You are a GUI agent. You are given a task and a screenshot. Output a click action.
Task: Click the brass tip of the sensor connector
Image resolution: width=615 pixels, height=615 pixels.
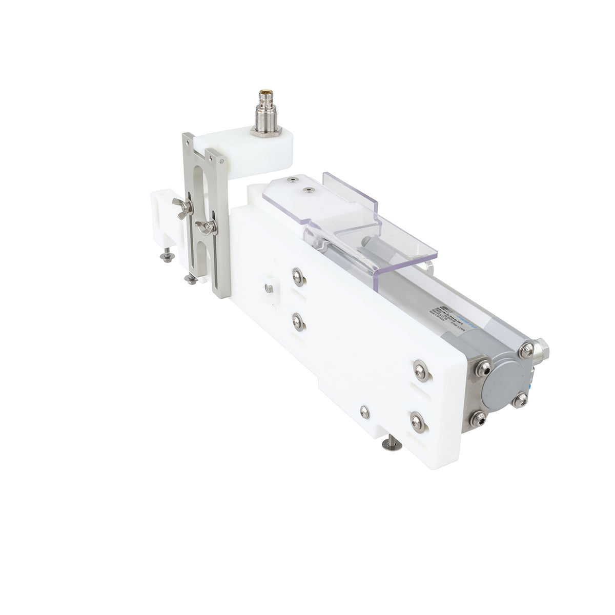tap(266, 94)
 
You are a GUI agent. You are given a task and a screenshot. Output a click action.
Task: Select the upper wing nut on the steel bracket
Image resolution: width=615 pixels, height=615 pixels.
tap(183, 207)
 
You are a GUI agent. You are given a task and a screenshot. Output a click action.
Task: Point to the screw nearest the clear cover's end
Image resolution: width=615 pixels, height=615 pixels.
tap(292, 180)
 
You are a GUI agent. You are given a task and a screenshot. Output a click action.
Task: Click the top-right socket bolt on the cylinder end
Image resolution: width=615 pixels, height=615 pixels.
tap(526, 351)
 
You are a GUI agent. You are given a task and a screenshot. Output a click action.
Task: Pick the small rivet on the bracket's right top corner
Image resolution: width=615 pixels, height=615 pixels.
tap(221, 159)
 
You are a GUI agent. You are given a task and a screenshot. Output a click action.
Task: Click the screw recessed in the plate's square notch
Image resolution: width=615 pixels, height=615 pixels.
tap(268, 289)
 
